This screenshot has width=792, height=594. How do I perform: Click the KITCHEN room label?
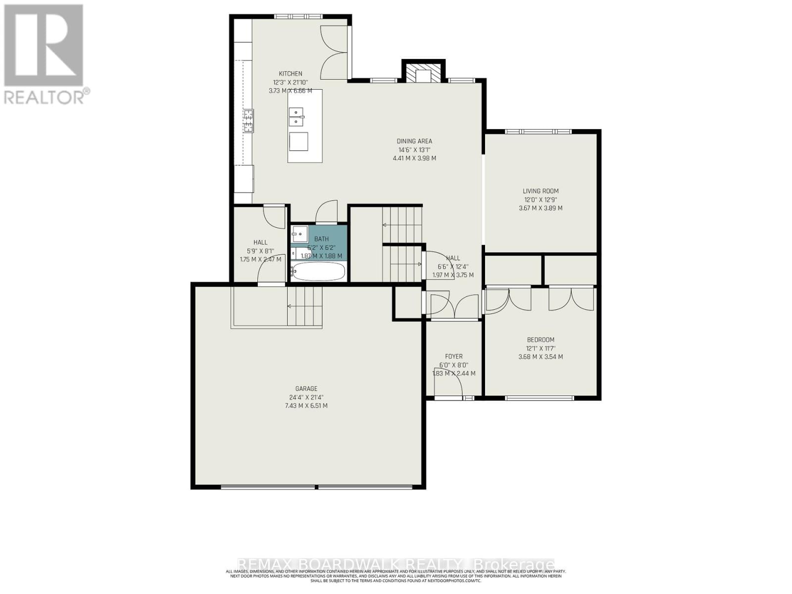[290, 74]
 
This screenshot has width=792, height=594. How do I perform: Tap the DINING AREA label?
[414, 141]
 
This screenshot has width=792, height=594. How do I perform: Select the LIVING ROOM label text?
[541, 191]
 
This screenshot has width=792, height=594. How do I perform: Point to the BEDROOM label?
[541, 340]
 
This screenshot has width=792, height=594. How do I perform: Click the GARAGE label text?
[306, 389]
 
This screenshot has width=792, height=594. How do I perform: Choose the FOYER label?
[454, 356]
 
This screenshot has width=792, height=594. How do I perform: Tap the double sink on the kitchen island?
[297, 117]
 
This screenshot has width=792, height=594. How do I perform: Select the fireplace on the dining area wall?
[423, 72]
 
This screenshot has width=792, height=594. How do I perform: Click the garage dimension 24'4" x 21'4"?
[306, 397]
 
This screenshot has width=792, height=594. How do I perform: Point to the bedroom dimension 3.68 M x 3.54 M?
[541, 357]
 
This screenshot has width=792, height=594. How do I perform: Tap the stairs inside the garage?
[304, 307]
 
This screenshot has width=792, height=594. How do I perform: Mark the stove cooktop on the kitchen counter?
[248, 121]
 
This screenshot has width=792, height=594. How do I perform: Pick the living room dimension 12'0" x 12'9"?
[541, 200]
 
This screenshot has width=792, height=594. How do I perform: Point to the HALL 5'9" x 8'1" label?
[260, 243]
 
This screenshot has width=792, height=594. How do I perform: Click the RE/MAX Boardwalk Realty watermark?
[396, 564]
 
